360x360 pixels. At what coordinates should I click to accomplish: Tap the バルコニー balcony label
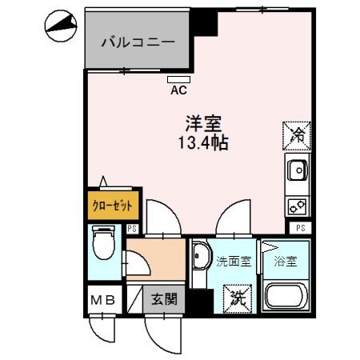point(137,42)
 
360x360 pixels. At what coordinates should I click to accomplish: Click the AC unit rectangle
point(179,78)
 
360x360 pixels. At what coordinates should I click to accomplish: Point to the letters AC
point(179,90)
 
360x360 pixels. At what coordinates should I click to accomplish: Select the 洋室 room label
point(203,126)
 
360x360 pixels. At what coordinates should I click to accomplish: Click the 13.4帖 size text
point(203,144)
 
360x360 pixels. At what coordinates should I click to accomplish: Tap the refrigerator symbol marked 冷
point(295,133)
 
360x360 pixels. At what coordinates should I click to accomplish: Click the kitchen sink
point(297,170)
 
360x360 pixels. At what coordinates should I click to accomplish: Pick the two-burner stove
point(297,205)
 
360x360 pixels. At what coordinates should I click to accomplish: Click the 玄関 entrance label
point(163,301)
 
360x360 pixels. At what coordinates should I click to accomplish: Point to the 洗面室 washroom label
point(234,262)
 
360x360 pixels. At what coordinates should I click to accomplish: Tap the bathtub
point(286,299)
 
